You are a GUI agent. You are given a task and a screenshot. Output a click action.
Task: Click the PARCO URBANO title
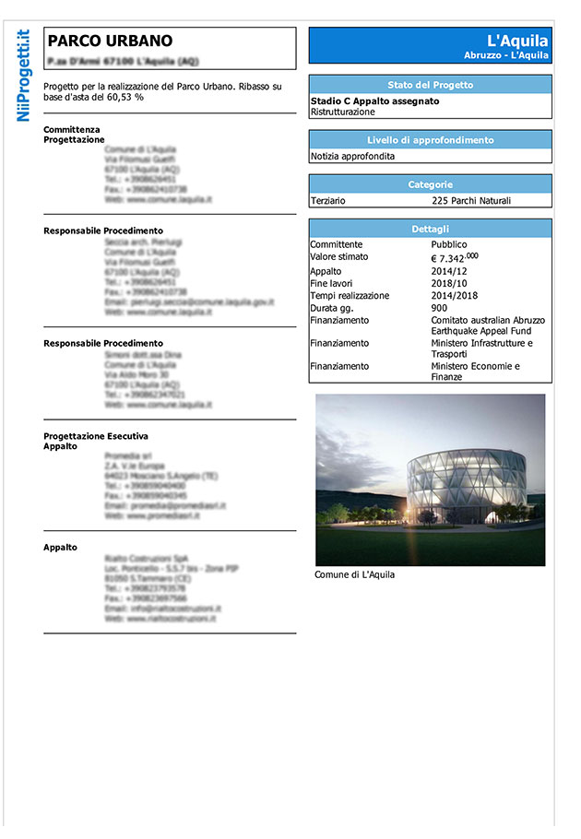point(110,41)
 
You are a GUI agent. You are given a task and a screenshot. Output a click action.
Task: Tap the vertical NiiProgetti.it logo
point(24,76)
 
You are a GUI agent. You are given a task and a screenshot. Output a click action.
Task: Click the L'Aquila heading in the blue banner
point(517,41)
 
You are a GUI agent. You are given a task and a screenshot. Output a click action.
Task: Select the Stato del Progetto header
point(430,85)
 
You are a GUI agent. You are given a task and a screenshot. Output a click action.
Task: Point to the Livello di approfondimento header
point(430,140)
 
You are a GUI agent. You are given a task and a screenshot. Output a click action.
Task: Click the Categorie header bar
point(430,184)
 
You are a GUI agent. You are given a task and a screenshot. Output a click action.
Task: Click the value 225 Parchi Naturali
point(470,200)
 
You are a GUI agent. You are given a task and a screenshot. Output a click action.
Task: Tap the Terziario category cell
point(329,200)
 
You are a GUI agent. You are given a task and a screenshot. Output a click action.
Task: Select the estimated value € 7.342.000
point(454,257)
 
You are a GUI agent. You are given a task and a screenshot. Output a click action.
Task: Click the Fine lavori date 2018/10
point(450,284)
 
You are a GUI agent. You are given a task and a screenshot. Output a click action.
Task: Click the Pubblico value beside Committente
point(449,244)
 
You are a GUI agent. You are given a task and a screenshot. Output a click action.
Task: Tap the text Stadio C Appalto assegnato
point(374,101)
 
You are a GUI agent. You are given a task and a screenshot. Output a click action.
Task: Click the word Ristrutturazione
point(343,112)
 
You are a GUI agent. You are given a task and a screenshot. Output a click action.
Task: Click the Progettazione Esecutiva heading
point(96,436)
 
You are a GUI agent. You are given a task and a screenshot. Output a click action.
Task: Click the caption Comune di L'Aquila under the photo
point(354,574)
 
